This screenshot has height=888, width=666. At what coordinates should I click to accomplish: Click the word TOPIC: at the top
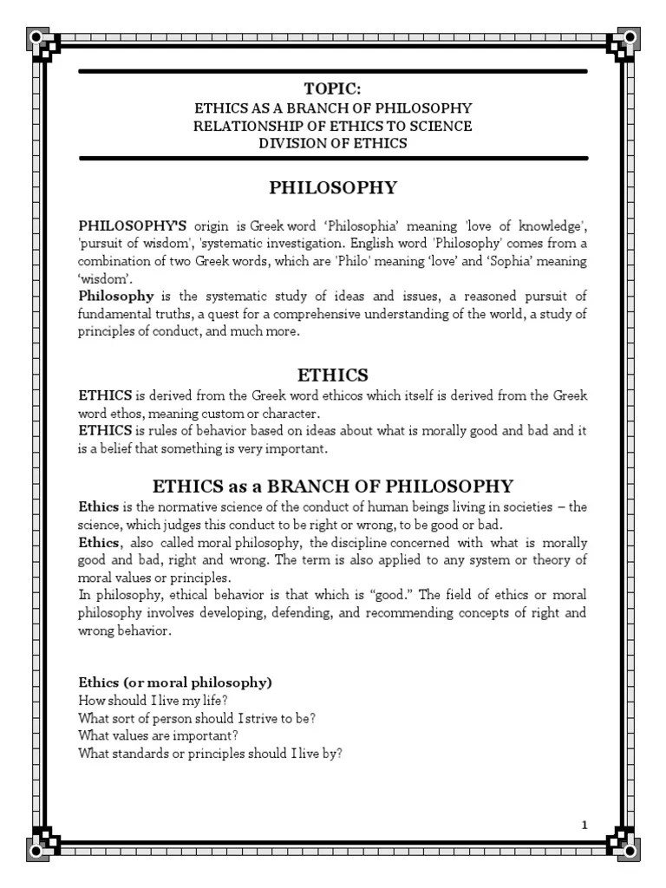tap(333, 88)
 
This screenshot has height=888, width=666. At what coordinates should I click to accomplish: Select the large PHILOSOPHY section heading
tap(333, 187)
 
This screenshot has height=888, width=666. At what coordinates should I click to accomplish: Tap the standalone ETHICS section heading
tap(333, 375)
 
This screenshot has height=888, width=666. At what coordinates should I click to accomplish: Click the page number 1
tap(585, 825)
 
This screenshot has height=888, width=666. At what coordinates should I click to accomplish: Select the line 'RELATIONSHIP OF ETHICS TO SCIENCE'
tap(333, 126)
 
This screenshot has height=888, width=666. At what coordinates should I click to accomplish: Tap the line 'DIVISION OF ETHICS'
tap(333, 143)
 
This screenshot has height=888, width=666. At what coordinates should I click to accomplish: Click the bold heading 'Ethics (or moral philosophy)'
tap(175, 682)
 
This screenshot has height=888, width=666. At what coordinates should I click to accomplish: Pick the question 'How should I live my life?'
tap(153, 700)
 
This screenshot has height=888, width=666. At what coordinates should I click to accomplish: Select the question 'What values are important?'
tap(157, 735)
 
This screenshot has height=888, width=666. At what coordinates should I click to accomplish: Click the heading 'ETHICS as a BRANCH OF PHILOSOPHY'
tap(333, 486)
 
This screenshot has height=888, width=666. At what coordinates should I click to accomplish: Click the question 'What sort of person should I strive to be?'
tap(196, 718)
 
